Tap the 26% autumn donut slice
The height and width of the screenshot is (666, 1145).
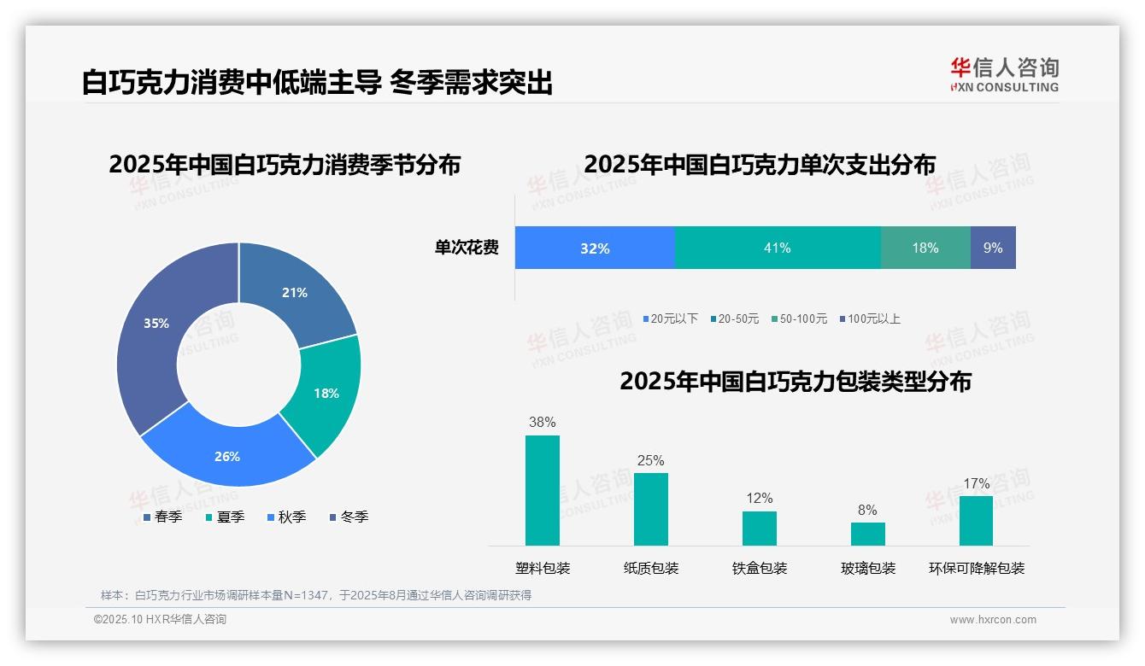(227, 453)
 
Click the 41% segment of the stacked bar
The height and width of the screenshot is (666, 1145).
(778, 248)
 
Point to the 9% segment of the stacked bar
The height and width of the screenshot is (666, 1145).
(993, 248)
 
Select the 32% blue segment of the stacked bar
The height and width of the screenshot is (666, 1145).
(595, 248)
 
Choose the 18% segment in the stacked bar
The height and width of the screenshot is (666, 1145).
(925, 248)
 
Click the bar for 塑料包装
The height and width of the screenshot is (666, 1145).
(543, 490)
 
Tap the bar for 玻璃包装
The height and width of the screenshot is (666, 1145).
(868, 534)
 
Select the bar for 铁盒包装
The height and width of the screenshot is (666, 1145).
(760, 528)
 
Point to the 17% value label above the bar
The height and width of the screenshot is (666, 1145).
(977, 484)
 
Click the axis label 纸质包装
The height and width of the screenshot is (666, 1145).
(651, 568)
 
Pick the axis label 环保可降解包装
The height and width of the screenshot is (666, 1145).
(977, 568)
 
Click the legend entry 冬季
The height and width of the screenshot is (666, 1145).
(354, 517)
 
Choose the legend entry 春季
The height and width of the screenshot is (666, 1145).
(167, 517)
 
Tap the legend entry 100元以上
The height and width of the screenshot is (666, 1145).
(873, 318)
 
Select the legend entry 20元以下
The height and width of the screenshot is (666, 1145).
(673, 318)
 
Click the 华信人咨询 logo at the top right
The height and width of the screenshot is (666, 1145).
(1005, 74)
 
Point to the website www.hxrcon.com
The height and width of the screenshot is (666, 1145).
(993, 620)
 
